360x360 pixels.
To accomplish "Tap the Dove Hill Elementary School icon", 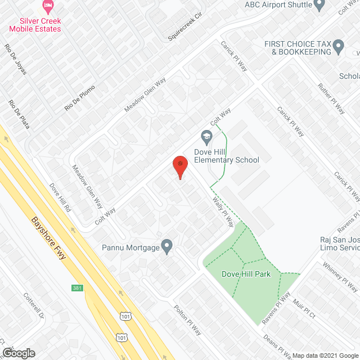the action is point(206,137).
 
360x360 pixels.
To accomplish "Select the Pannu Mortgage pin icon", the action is point(166,246).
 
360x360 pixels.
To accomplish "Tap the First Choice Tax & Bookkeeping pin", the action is point(338,46).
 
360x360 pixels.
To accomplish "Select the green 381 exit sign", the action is point(78,288).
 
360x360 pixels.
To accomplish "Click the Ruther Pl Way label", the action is point(331,99).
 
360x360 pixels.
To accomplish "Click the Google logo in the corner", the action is point(18,353).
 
